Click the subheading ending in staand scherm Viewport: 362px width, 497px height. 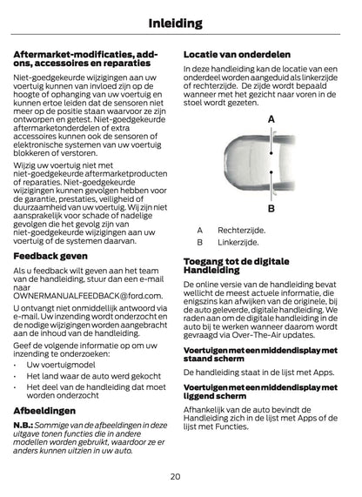click(261, 353)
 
